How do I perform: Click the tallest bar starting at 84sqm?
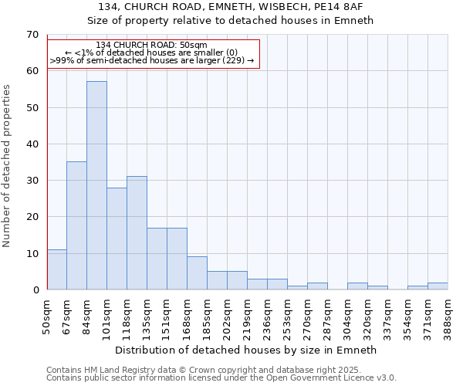(96, 185)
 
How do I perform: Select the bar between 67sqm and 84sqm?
(76, 225)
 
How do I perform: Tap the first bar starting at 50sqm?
(56, 269)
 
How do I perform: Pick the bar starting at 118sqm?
(137, 233)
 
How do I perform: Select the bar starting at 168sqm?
(197, 273)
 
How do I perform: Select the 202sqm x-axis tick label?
(227, 317)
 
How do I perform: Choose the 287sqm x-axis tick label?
(327, 317)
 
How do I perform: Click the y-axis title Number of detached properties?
(8, 166)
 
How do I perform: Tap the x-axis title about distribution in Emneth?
(246, 350)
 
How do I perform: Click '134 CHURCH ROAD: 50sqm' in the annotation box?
(152, 45)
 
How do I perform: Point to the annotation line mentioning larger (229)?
(152, 60)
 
